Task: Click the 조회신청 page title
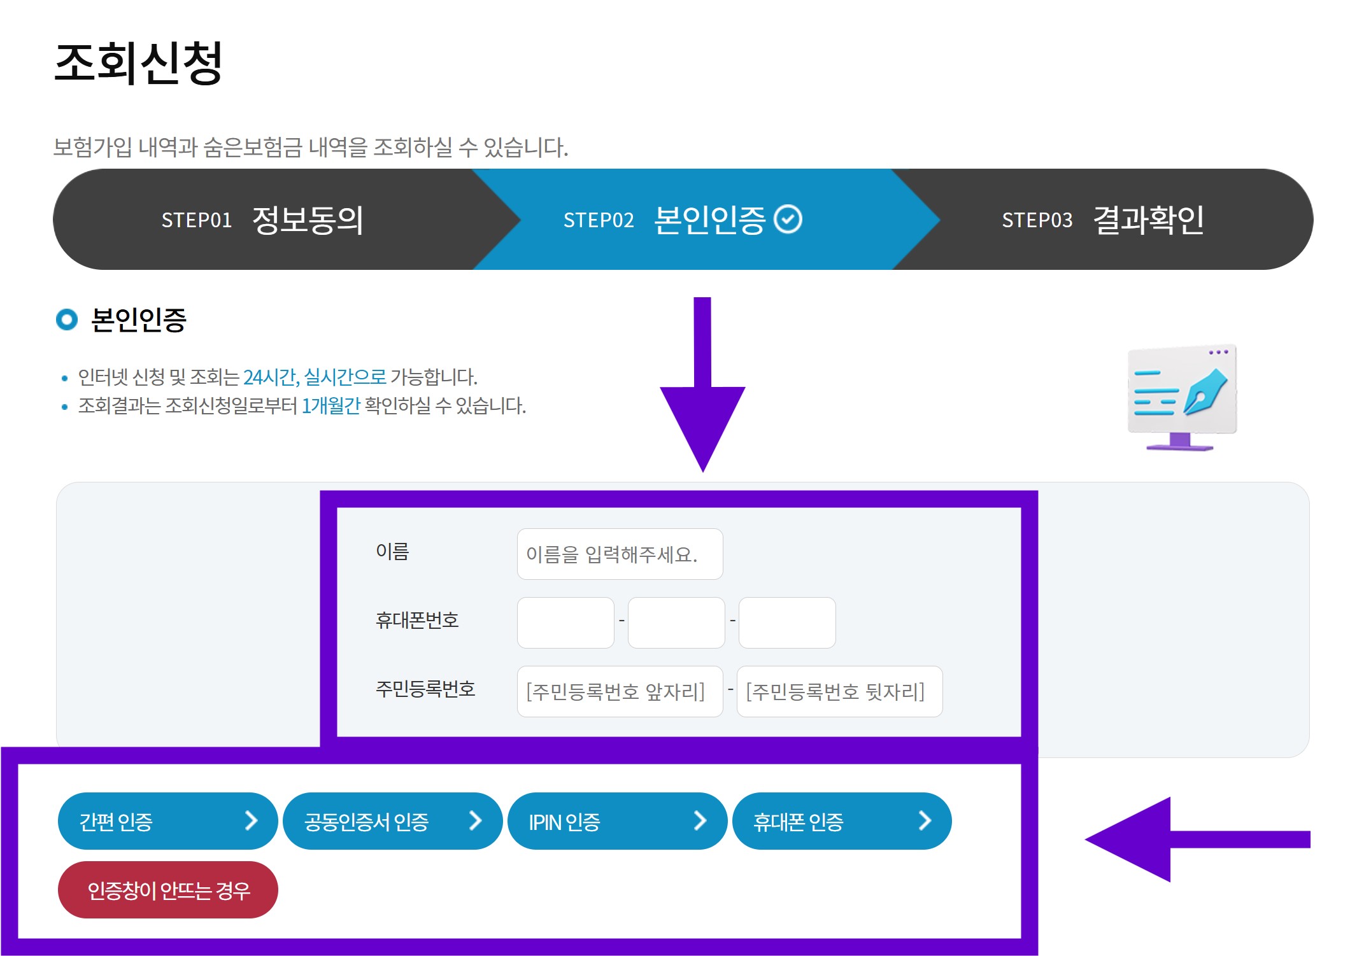(138, 63)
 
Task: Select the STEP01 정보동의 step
(262, 220)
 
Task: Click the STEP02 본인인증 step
(681, 220)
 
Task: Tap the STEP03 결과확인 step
(1102, 220)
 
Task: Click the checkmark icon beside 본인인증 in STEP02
(788, 220)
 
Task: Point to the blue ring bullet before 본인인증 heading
(67, 320)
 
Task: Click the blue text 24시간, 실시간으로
(315, 377)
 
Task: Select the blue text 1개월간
(330, 406)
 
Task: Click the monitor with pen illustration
(1181, 397)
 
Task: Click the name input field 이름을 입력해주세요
(620, 554)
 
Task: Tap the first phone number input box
(565, 622)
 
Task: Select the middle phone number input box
(676, 622)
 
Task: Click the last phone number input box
(787, 622)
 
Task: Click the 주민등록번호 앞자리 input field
(620, 691)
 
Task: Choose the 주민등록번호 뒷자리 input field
(839, 691)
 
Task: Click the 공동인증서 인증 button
(392, 821)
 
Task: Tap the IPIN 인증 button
(617, 821)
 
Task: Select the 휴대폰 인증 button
(842, 821)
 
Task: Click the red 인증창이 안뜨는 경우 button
(168, 890)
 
